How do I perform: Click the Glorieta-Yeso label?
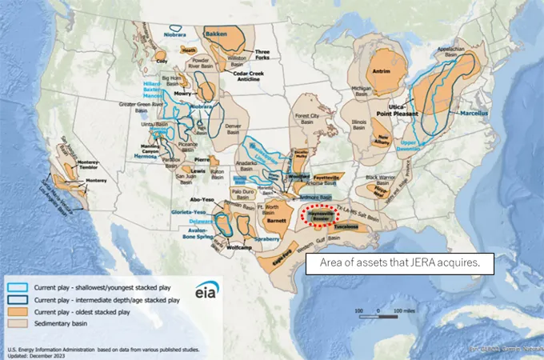pos(189,212)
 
